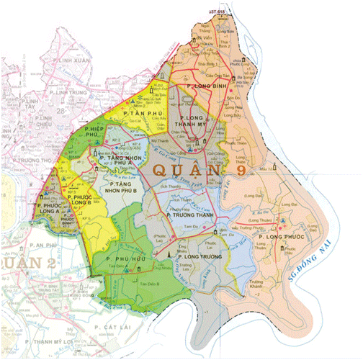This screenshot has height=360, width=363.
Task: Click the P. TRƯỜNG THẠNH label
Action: pyautogui.click(x=191, y=214)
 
